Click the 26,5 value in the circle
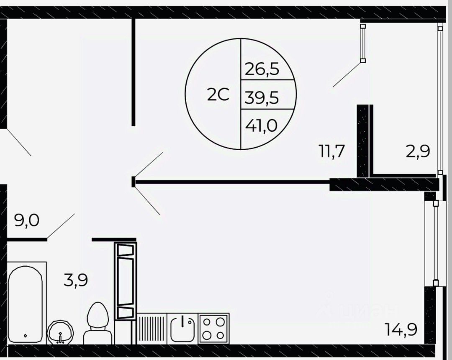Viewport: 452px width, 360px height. click(x=262, y=69)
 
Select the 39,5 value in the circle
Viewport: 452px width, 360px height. click(x=262, y=97)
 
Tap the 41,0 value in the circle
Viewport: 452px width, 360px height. click(x=262, y=125)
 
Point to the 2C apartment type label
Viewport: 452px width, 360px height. click(x=218, y=95)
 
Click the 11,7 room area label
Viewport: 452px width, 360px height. click(x=331, y=151)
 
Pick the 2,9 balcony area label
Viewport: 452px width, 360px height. click(x=418, y=151)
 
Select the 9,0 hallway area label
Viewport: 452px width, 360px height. click(x=27, y=221)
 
